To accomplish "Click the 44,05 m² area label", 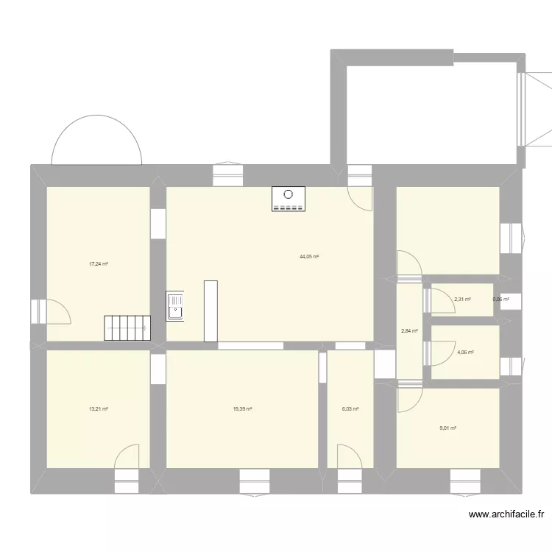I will [308, 257].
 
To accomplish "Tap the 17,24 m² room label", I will [99, 264].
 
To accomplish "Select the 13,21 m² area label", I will [99, 409].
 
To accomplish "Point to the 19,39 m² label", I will [242, 409].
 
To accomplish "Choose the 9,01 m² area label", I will [447, 428].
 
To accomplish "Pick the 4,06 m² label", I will [465, 353].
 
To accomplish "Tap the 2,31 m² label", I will [462, 299].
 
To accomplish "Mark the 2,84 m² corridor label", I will [409, 331].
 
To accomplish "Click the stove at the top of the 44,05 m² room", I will [288, 200].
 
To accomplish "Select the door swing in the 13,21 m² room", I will [127, 456].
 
